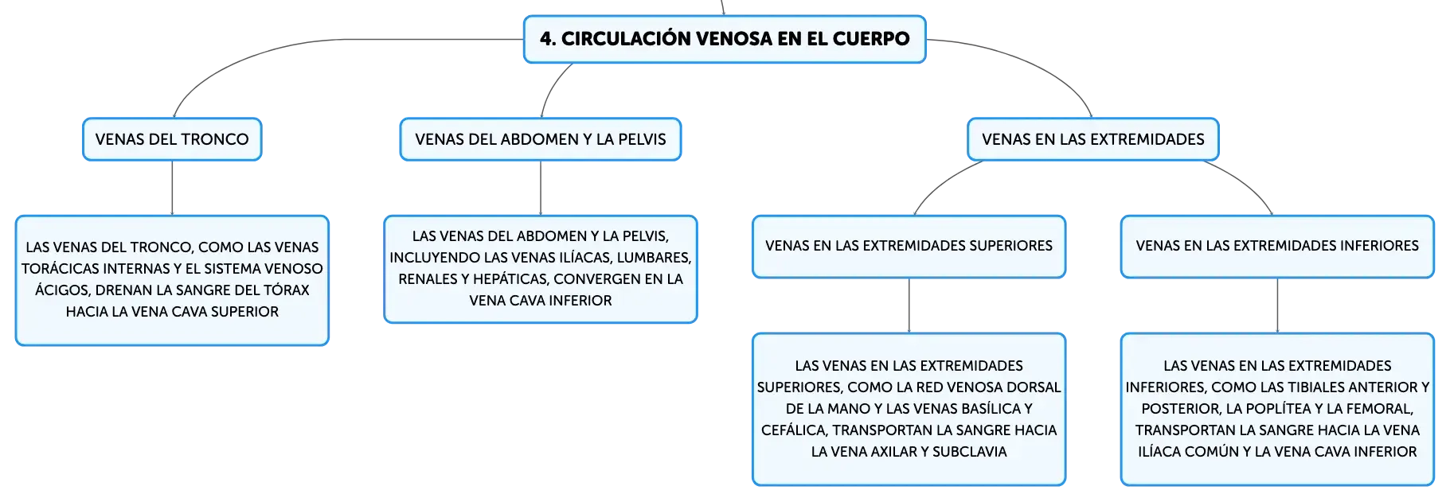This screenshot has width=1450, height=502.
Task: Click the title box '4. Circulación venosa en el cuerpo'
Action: tap(725, 39)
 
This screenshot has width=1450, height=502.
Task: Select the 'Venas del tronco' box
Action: tap(172, 139)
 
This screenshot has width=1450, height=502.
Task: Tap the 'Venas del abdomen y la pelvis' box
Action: tap(541, 139)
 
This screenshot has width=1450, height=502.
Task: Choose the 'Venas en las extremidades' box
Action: tap(1093, 139)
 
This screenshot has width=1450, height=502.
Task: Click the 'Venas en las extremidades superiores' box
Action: tap(909, 247)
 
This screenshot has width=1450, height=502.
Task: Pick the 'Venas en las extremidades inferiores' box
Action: tap(1277, 247)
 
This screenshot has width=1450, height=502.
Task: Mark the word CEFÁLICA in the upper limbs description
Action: tap(795, 430)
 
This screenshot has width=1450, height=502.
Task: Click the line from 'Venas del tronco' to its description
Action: tap(172, 188)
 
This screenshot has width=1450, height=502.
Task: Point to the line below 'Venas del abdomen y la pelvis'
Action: tap(541, 188)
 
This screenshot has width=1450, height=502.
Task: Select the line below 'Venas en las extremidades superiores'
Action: tap(909, 305)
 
